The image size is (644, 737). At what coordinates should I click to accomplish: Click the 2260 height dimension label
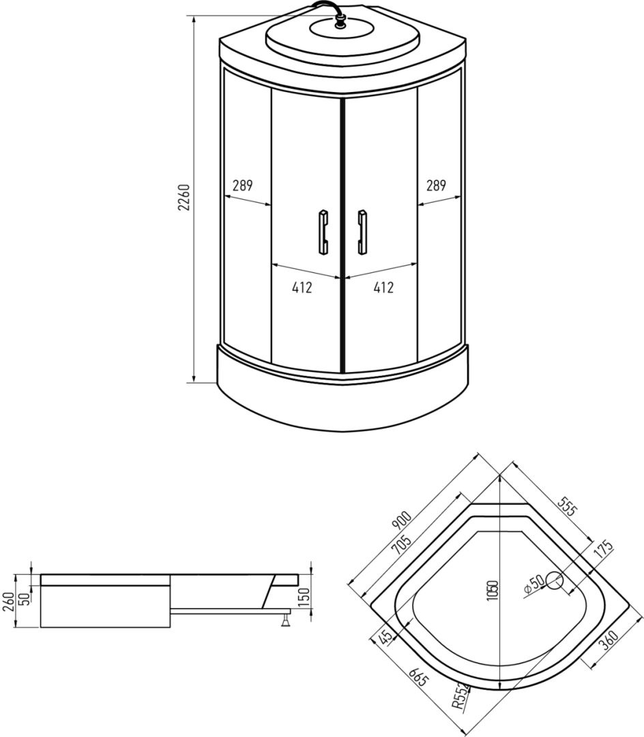tap(184, 197)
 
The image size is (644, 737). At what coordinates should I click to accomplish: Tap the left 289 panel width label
tap(242, 186)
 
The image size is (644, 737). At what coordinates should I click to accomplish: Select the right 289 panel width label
tap(436, 186)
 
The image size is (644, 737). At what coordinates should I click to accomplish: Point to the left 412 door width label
tap(302, 287)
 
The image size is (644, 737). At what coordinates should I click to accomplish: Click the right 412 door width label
tap(383, 287)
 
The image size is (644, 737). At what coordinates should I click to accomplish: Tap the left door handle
tap(323, 232)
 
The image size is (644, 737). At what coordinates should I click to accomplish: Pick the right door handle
tap(362, 232)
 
